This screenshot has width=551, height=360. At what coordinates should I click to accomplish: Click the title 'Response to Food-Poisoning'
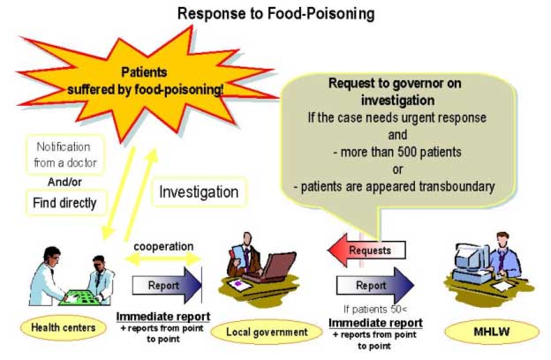[275, 13]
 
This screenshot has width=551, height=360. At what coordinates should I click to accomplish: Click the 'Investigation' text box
[198, 191]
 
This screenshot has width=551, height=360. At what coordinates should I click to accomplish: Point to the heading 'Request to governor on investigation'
[394, 90]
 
